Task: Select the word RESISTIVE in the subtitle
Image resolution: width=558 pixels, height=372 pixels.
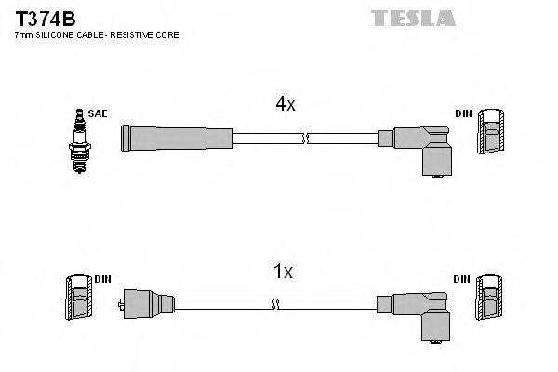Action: (x=142, y=34)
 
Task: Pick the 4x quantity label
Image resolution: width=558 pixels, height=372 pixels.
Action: (x=285, y=104)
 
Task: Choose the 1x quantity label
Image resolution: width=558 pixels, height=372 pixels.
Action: (x=285, y=272)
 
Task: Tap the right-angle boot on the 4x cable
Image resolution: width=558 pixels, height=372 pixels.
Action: (x=428, y=147)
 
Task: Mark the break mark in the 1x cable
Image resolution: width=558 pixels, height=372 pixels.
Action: (x=276, y=303)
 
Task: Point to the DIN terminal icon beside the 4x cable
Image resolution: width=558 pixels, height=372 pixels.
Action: (x=490, y=135)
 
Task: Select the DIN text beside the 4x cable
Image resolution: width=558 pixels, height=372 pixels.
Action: (x=463, y=114)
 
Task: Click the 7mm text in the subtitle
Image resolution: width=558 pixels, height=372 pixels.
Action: (x=23, y=34)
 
